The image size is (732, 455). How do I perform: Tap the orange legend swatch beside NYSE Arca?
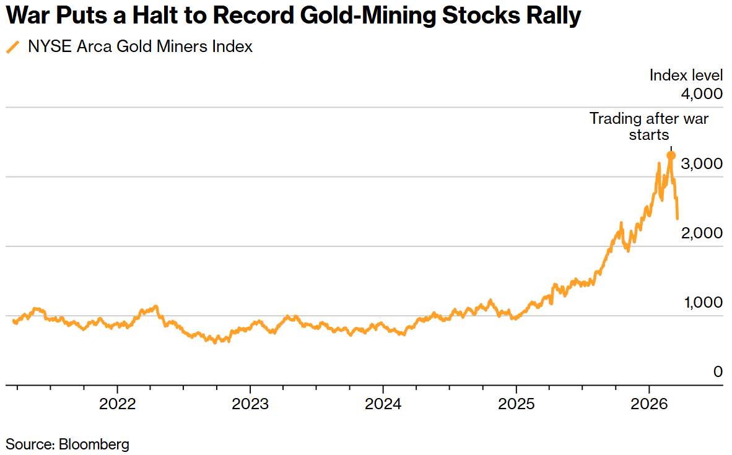[12, 47]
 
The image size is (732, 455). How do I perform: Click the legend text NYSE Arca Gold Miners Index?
[140, 46]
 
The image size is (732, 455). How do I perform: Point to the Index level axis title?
[686, 76]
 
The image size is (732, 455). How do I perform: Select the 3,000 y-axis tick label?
[702, 164]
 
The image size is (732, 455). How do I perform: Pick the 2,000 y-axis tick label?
[702, 233]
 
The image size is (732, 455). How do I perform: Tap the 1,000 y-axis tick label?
[702, 303]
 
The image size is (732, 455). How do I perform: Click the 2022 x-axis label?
[117, 404]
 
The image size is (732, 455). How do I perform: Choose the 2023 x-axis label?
[250, 404]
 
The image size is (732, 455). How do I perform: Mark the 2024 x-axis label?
[383, 404]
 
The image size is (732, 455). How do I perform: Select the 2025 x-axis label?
[516, 404]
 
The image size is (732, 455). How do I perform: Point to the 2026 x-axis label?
[648, 404]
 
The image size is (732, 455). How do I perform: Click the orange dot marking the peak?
[671, 155]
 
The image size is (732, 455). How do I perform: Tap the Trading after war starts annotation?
[648, 126]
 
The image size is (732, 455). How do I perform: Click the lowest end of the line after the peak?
[678, 218]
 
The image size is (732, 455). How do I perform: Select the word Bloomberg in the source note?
[94, 444]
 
